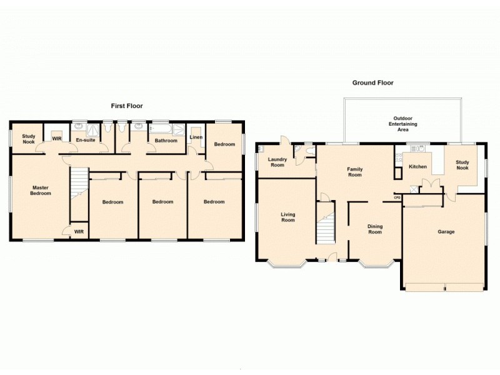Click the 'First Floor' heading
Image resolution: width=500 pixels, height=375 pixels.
tap(127, 106)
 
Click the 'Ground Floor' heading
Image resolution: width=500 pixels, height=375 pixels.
tap(372, 82)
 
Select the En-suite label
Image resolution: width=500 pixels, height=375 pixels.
tap(86, 141)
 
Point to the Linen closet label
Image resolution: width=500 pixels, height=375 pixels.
tap(196, 137)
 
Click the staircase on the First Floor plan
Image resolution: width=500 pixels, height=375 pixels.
tap(78, 184)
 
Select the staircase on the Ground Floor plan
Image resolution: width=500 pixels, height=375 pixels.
tap(326, 229)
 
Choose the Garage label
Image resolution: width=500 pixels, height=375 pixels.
tap(446, 232)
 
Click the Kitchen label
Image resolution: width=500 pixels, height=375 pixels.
tap(417, 167)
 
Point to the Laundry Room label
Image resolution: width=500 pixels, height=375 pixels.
tap(277, 162)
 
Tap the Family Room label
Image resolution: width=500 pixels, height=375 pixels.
tap(355, 172)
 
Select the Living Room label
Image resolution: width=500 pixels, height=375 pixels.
tap(287, 217)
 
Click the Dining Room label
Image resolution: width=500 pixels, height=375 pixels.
tap(375, 229)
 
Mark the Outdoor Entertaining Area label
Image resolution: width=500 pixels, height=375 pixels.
tap(402, 124)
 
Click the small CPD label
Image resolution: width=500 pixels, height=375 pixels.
tap(397, 197)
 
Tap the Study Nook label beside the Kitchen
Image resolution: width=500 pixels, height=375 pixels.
tap(462, 165)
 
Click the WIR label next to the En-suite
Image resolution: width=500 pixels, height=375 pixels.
tap(56, 139)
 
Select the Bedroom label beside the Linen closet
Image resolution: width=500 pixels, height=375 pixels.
tap(224, 144)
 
